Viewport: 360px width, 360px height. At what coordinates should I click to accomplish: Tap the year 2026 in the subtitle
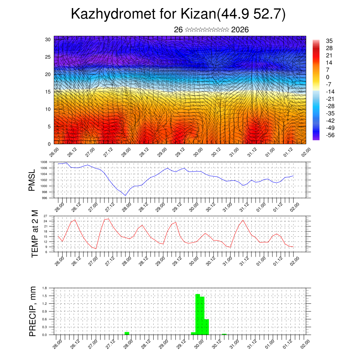click(x=240, y=30)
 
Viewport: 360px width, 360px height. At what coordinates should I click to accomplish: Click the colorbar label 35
click(x=329, y=41)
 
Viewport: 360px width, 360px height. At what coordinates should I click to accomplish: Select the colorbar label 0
click(x=328, y=77)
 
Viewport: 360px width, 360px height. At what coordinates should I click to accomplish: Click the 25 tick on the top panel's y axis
click(x=48, y=57)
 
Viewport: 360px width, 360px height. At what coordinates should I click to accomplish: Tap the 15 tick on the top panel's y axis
click(x=48, y=92)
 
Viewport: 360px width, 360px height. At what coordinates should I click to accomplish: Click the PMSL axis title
click(x=32, y=180)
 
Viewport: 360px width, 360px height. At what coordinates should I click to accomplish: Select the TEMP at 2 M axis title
click(x=34, y=233)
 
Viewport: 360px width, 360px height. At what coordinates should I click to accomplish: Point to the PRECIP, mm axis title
click(x=33, y=311)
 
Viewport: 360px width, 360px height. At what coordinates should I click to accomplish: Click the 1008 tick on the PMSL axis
click(x=44, y=162)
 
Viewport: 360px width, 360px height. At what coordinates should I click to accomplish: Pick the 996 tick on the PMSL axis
click(x=44, y=198)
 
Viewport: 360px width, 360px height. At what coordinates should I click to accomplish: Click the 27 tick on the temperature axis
click(x=45, y=216)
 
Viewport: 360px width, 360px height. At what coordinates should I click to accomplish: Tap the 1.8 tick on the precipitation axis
click(x=45, y=288)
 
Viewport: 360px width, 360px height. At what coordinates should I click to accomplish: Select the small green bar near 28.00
click(x=127, y=333)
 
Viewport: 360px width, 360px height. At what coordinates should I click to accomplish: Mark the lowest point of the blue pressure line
click(x=126, y=195)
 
